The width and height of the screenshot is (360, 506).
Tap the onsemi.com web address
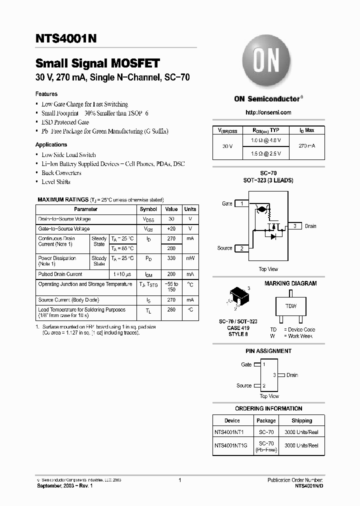268,112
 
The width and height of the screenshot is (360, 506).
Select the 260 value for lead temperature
171,309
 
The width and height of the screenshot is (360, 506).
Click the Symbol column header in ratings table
148,209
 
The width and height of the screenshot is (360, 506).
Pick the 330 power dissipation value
171,258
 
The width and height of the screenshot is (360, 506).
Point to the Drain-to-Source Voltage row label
64,219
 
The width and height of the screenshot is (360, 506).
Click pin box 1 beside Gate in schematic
241,203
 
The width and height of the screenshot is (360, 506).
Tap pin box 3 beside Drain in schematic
295,226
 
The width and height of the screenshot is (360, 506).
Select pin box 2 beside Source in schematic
241,248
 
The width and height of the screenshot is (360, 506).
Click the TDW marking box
290,306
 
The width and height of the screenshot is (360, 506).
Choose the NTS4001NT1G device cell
232,445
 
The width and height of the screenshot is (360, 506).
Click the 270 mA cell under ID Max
307,145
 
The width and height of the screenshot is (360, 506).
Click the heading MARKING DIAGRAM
290,283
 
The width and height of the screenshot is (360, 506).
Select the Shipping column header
301,420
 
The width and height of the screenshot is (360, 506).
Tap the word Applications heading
51,144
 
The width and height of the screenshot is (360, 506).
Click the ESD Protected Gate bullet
65,122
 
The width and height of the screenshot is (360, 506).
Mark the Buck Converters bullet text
61,173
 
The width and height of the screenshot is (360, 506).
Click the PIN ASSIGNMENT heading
269,351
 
